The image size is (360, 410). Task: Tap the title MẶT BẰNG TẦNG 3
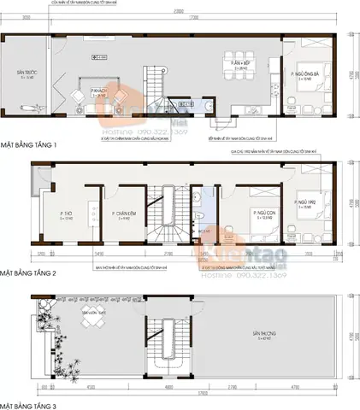click(x=29, y=402)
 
